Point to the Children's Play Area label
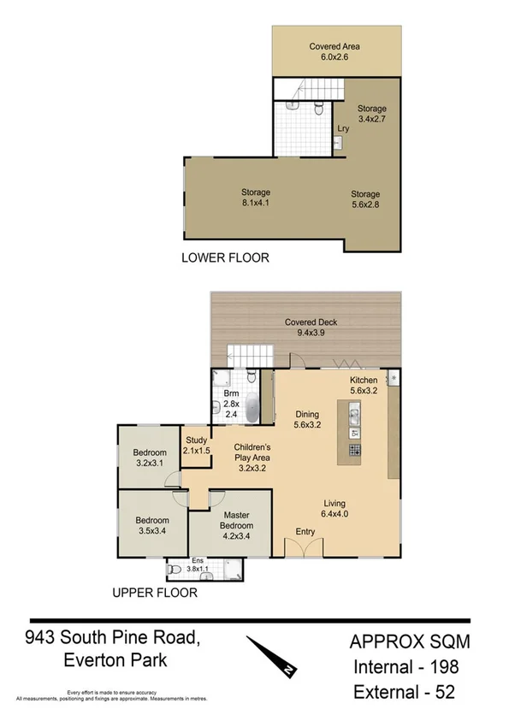pyautogui.click(x=253, y=458)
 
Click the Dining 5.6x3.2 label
pyautogui.click(x=306, y=418)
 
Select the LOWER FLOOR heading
pyautogui.click(x=224, y=257)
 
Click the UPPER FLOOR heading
pyautogui.click(x=155, y=592)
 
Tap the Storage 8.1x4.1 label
pyautogui.click(x=256, y=198)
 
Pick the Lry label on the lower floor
pyautogui.click(x=342, y=128)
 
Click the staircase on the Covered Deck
pyautogui.click(x=250, y=356)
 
